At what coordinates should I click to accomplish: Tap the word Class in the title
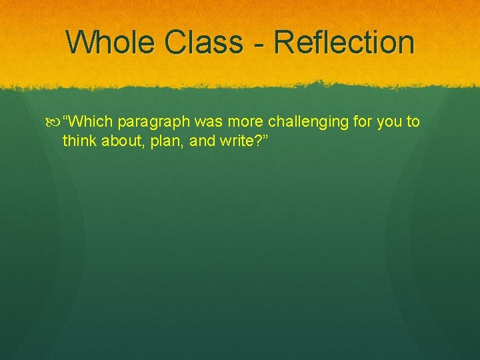coord(205,42)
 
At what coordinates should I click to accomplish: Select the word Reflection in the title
coord(344,42)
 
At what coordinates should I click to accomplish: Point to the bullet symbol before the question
coord(54,121)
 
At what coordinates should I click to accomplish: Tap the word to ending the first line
coord(413,121)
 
